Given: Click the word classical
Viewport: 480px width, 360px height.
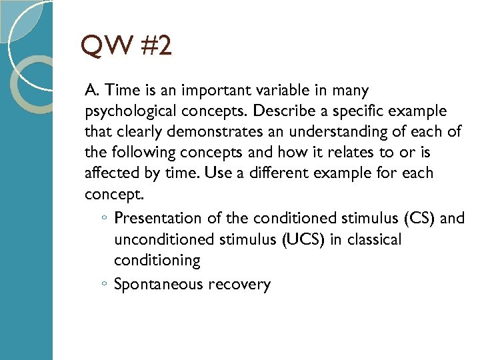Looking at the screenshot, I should (x=377, y=239).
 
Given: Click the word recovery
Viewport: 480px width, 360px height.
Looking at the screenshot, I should (x=239, y=285).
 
